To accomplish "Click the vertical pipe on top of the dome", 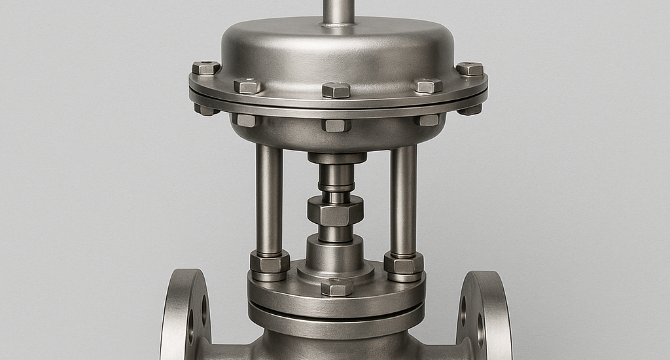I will click(x=338, y=11).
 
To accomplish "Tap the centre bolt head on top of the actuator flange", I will click(x=336, y=90).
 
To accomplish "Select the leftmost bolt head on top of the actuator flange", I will click(x=206, y=67).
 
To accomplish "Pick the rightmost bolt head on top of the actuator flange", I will click(x=470, y=69).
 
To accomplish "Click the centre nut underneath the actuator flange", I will click(x=336, y=125).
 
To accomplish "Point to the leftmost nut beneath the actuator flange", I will click(x=207, y=109).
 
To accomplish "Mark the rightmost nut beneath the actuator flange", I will click(x=470, y=109).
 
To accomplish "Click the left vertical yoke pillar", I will click(x=269, y=200).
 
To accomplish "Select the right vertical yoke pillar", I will click(x=403, y=200).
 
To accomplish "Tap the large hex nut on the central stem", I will click(x=335, y=211).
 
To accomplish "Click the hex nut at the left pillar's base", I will click(x=270, y=262).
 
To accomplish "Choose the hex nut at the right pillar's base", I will click(x=403, y=263).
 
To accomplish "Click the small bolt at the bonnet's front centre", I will click(x=337, y=287).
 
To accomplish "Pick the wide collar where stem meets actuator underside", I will click(x=337, y=158).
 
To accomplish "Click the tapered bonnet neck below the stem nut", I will click(x=335, y=254).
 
